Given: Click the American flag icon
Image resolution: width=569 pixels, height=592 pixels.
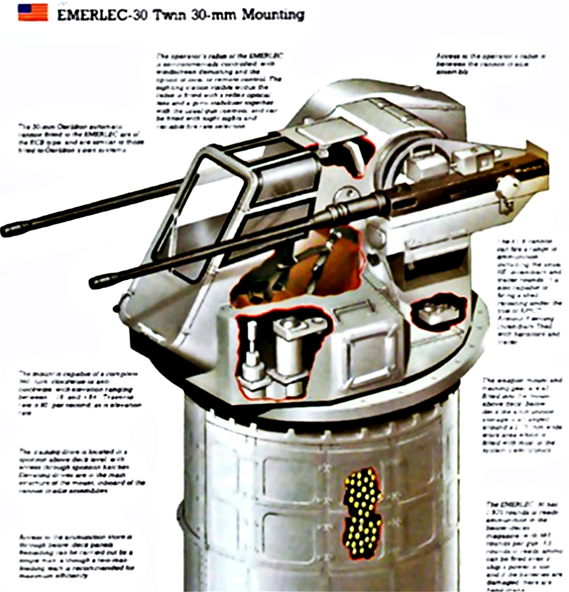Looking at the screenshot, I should (x=33, y=13).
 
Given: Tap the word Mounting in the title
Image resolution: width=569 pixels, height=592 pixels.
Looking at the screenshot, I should (x=273, y=15).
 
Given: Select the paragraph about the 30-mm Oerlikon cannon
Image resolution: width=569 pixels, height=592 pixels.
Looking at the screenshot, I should (x=81, y=138).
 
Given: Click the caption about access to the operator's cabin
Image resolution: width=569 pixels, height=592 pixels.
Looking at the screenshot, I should (x=490, y=64).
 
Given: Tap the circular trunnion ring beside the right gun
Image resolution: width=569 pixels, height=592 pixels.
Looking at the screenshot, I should (x=395, y=164).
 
